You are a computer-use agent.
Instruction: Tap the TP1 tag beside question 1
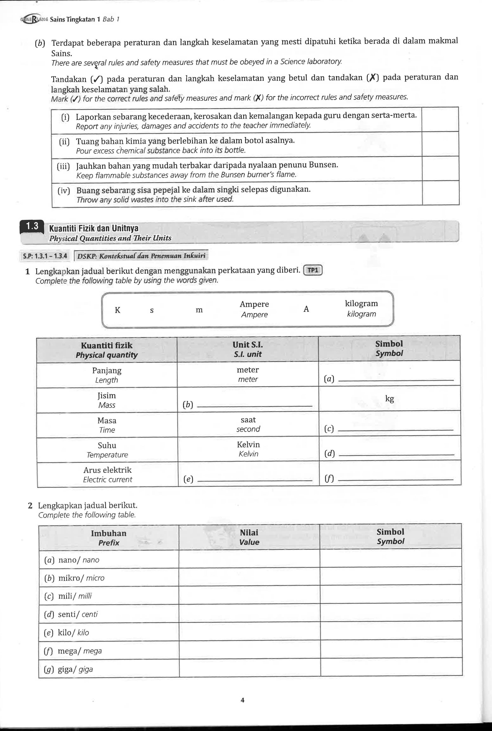pos(313,270)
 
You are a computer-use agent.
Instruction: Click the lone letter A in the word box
pos(306,309)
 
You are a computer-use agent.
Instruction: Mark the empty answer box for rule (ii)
pos(440,144)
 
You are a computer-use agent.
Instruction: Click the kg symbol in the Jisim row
pos(389,399)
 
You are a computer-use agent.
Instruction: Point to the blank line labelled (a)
pos(396,380)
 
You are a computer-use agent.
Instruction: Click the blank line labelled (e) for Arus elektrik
pos(255,480)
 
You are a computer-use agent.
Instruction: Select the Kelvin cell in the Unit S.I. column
pos(248,449)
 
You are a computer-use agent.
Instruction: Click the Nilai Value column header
pos(249,537)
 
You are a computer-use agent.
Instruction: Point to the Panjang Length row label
pos(107,375)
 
